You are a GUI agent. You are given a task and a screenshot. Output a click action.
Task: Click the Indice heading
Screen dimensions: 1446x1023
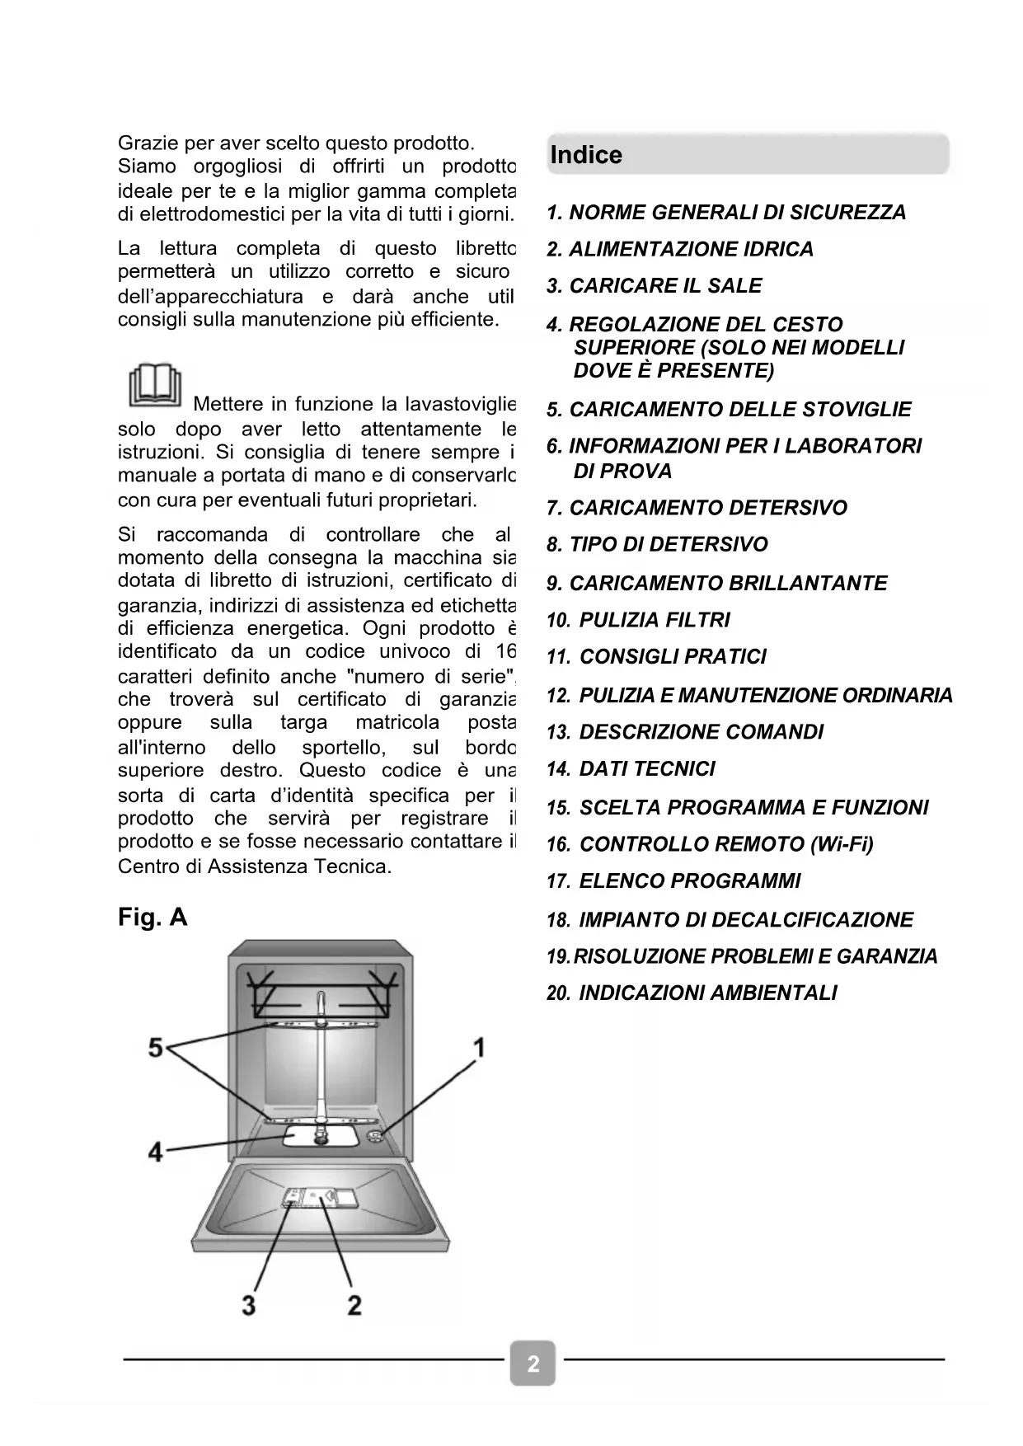(586, 155)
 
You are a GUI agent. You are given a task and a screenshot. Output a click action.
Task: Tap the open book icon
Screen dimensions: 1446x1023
(154, 385)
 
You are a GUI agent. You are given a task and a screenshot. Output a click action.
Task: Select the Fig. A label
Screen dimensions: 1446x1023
(153, 917)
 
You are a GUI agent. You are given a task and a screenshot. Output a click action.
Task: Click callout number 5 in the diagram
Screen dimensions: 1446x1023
(156, 1048)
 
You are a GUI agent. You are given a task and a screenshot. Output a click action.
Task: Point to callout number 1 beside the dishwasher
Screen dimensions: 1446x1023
(478, 1048)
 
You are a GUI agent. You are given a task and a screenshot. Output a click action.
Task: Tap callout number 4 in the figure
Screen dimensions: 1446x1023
(156, 1151)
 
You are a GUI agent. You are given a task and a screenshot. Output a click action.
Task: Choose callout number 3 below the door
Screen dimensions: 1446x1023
(248, 1305)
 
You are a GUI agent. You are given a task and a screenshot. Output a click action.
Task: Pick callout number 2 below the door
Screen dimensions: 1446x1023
(354, 1305)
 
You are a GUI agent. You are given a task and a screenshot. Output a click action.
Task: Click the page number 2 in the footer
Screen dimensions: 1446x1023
(533, 1364)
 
